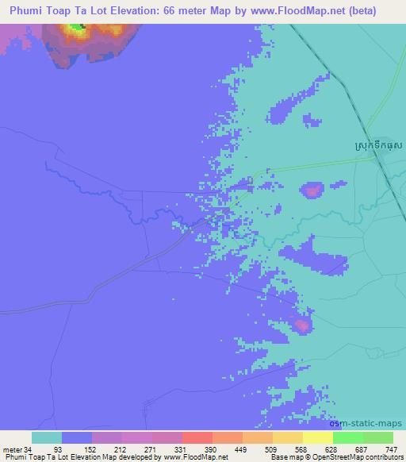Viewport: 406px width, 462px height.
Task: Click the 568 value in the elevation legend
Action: pos(301,449)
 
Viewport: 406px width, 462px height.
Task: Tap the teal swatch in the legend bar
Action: pos(46,437)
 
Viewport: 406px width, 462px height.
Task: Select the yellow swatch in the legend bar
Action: pos(317,437)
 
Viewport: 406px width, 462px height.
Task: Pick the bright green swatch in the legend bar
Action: pos(347,437)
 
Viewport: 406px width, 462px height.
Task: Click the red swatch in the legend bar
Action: pos(197,437)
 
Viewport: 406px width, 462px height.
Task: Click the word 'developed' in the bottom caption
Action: pos(136,457)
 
